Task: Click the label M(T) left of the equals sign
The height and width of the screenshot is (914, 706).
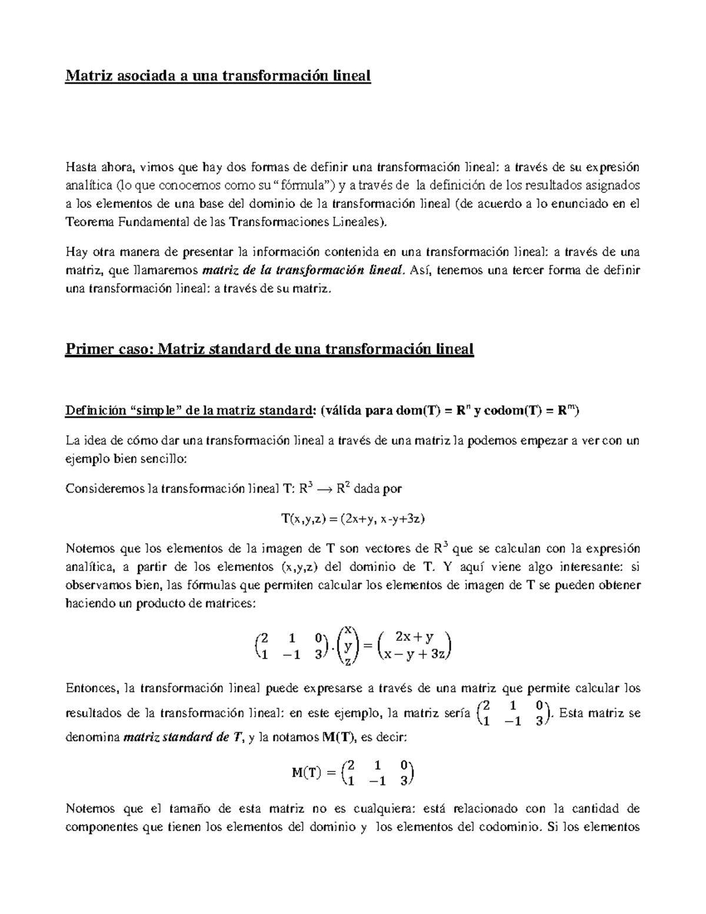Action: [307, 773]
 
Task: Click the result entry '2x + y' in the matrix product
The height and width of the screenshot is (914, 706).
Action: [414, 637]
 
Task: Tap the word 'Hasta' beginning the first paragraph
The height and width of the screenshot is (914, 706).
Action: [81, 168]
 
